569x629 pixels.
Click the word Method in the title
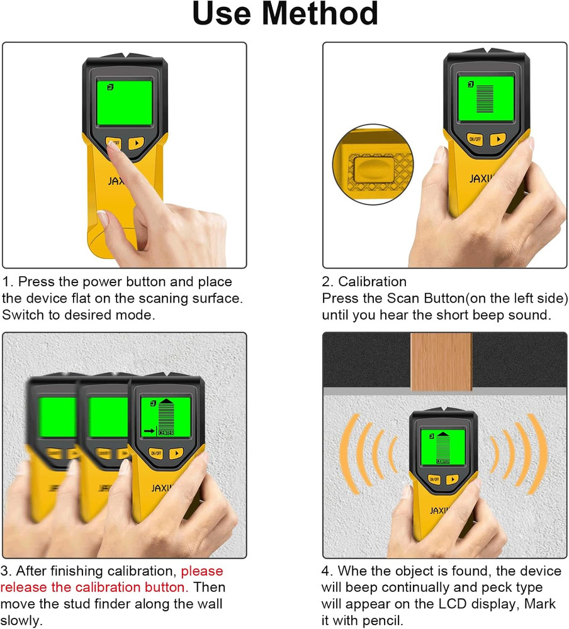tap(327, 14)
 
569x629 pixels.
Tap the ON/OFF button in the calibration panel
tap(475, 139)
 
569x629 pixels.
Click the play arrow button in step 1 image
tap(136, 143)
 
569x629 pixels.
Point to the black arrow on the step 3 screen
tap(148, 431)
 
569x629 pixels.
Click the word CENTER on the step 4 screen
tap(443, 461)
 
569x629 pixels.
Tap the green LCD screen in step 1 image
tap(124, 103)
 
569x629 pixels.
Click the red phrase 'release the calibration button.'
tap(94, 587)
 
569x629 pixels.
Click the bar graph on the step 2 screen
tap(485, 98)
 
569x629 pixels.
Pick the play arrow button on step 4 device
tap(452, 479)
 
